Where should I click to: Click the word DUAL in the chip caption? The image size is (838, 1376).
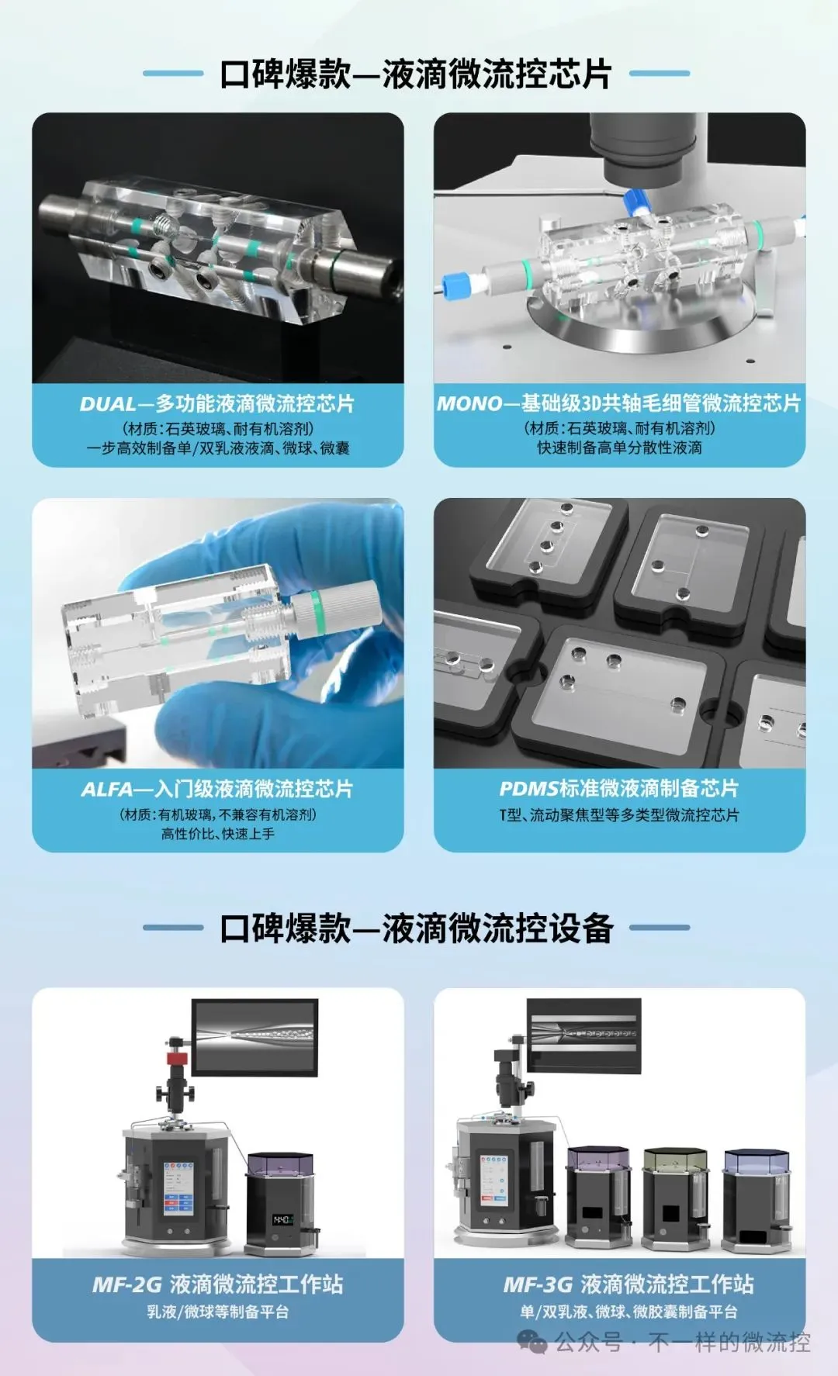coord(107,404)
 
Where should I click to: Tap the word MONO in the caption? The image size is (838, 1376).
coord(469,403)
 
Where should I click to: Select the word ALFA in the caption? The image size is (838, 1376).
coord(108,790)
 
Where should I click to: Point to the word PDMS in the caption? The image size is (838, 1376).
coord(528,789)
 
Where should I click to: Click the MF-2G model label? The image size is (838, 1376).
coord(126,1284)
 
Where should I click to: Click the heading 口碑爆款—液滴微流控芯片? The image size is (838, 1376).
coord(416,74)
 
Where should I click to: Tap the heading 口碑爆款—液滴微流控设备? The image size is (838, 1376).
coord(417,928)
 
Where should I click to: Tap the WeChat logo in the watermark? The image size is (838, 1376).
coord(532,1342)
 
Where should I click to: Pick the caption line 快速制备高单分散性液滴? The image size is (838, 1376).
coord(619,448)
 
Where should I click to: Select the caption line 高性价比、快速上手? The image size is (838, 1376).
coord(217,834)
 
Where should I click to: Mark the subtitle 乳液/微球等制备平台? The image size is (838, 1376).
coord(217,1312)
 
